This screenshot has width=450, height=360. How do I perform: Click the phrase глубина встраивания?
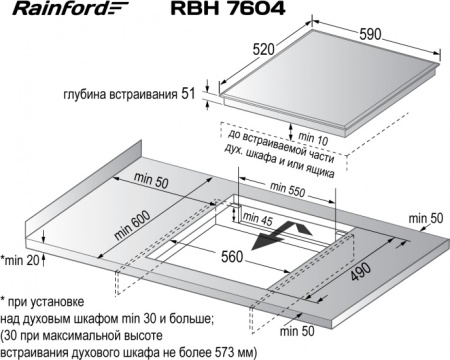(x=124, y=96)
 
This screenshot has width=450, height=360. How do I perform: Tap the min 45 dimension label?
(x=256, y=219)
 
